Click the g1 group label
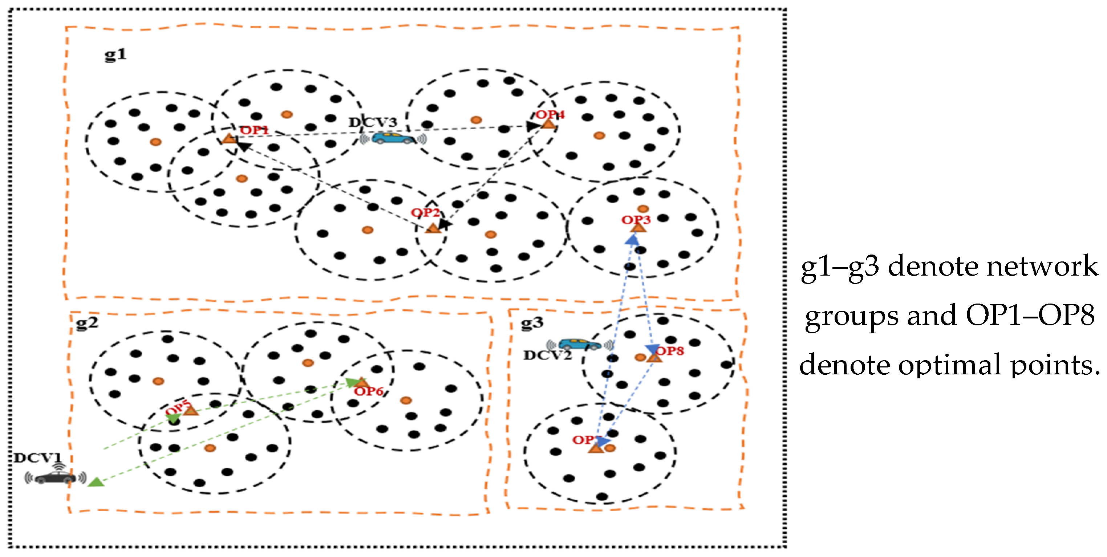[115, 54]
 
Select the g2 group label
[87, 323]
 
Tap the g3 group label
[532, 323]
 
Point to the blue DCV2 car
[579, 344]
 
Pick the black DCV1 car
[55, 477]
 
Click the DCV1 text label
[38, 458]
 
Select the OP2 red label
[425, 213]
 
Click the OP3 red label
[636, 220]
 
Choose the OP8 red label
[669, 351]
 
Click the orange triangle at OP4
[548, 124]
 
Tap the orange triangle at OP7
[596, 449]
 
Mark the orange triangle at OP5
[191, 411]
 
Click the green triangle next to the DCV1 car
[96, 482]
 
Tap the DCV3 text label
[373, 122]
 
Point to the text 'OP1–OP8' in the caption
[1030, 316]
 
